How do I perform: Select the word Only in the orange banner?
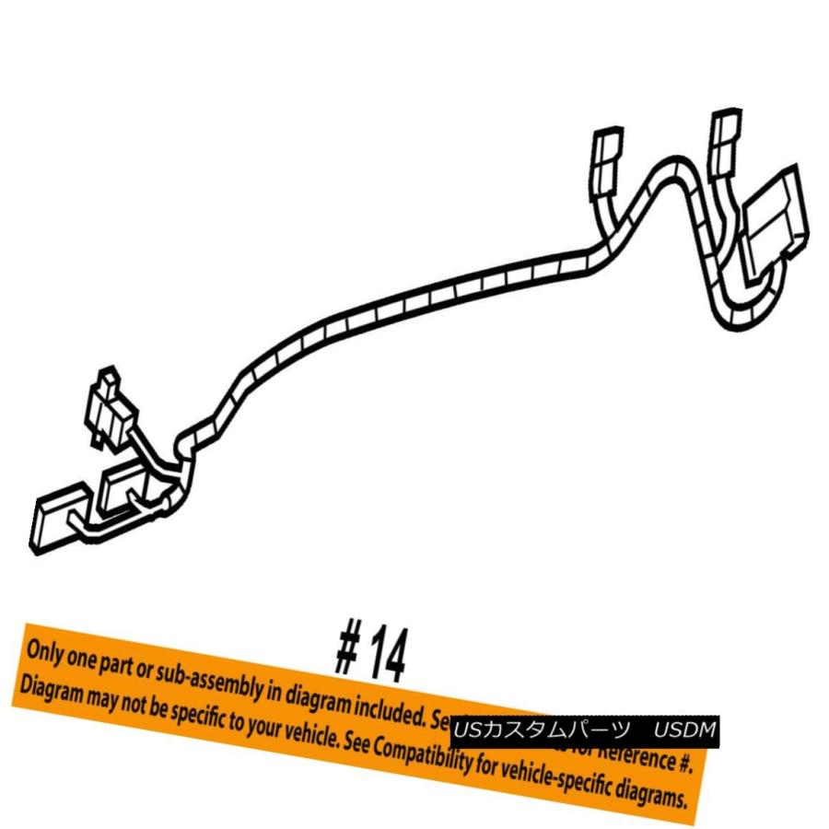45,651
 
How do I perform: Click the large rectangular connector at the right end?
776,223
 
